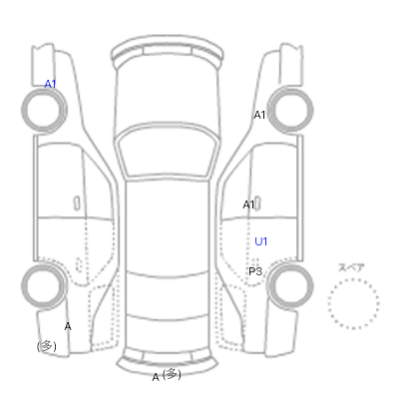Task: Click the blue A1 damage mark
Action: [50, 84]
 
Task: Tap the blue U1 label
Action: [260, 241]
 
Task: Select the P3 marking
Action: [255, 271]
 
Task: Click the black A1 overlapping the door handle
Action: [248, 204]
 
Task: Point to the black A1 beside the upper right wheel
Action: [259, 115]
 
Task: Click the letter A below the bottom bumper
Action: [156, 377]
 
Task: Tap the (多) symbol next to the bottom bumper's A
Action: [172, 374]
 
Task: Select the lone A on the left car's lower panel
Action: [68, 326]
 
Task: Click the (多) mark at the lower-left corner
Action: [47, 347]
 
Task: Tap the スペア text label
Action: [351, 267]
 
